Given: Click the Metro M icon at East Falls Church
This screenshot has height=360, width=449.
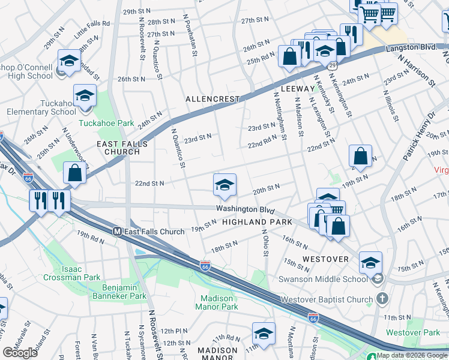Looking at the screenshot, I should [118, 232].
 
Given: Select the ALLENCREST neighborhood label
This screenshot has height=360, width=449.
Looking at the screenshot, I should [212, 98].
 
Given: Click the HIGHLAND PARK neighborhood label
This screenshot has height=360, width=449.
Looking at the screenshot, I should [257, 222].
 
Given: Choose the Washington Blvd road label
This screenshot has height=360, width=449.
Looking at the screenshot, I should [245, 209].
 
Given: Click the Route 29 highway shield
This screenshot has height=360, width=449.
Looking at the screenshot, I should [332, 65].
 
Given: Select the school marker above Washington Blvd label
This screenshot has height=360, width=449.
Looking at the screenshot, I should [224, 185].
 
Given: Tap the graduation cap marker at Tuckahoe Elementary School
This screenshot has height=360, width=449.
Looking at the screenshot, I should [85, 95].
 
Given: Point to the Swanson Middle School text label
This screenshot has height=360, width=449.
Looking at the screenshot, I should [322, 279].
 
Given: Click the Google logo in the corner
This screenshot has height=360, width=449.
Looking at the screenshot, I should [20, 353].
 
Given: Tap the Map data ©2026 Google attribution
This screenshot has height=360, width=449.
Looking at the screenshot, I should [411, 355].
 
